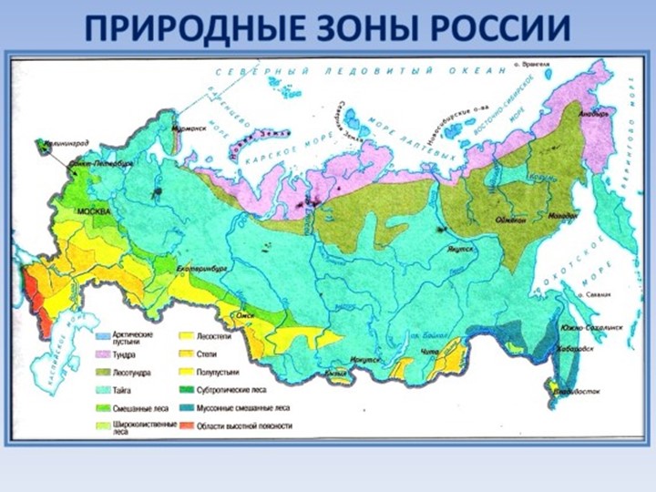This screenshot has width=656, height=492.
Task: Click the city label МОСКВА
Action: (92, 210)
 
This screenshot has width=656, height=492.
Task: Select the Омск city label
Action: (245, 315)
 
